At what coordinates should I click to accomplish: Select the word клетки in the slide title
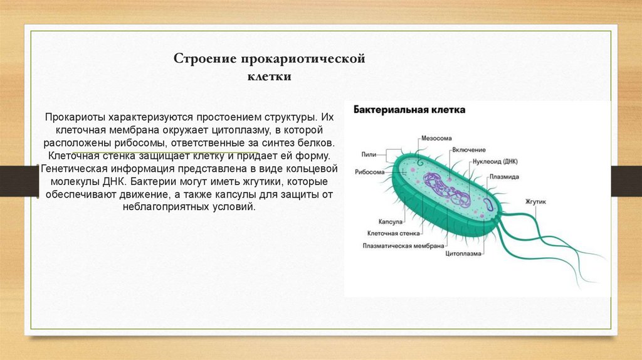[x=268, y=77]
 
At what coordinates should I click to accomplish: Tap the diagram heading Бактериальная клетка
[x=409, y=110]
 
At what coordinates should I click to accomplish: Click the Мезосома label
[x=436, y=138]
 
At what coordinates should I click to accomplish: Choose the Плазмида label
[x=504, y=177]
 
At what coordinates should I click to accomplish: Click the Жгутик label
[x=537, y=202]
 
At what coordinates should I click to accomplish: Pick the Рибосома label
[x=369, y=171]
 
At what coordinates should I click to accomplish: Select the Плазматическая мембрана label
[x=404, y=245]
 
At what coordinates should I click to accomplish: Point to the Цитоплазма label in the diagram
[x=463, y=255]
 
